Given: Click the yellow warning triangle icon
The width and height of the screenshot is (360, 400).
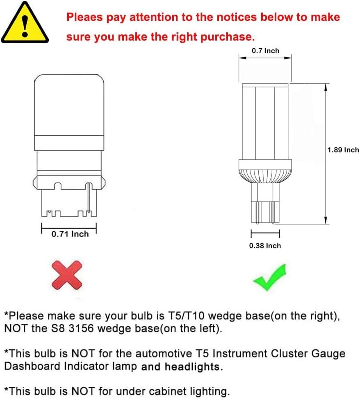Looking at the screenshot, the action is [25, 23].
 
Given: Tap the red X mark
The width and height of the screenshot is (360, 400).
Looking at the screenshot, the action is [67, 275].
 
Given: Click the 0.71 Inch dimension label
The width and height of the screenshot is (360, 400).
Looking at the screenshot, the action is [70, 234].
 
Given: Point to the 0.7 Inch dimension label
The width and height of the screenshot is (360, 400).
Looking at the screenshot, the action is [265, 50].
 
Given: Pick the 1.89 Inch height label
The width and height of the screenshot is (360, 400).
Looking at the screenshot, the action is [343, 150].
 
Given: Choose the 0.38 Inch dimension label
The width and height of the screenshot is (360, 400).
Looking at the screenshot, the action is [265, 245].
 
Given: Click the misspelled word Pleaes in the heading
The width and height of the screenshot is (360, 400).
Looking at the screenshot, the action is [84, 17].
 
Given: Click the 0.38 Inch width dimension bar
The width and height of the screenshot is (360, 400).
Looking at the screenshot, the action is [265, 233].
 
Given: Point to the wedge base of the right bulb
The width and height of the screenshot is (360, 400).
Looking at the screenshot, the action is [265, 203].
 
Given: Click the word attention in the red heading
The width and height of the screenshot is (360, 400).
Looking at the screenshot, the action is [154, 17].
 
